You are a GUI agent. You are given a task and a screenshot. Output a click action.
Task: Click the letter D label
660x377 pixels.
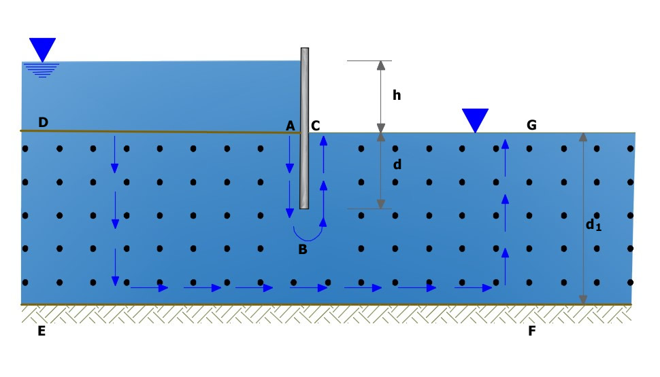pyautogui.click(x=43, y=122)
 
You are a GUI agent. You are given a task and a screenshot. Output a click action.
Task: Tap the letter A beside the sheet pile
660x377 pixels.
pyautogui.click(x=291, y=126)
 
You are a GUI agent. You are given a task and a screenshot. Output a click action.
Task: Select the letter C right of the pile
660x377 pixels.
pyautogui.click(x=316, y=126)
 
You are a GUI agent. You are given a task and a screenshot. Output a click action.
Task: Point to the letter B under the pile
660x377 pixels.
pyautogui.click(x=303, y=249)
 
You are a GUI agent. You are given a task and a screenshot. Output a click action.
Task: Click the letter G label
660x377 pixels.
pyautogui.click(x=531, y=124)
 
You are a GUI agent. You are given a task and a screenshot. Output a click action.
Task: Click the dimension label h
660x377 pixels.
pyautogui.click(x=397, y=96)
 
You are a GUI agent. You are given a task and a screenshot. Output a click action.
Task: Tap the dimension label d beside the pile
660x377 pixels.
pyautogui.click(x=397, y=164)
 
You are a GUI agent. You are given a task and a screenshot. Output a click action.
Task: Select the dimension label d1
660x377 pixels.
pyautogui.click(x=593, y=223)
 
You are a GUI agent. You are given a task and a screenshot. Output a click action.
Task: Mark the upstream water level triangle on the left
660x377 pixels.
pyautogui.click(x=43, y=50)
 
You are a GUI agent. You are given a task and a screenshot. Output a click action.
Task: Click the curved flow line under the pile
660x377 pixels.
pyautogui.click(x=308, y=234)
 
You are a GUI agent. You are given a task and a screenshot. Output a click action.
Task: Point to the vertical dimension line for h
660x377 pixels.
pyautogui.click(x=381, y=96)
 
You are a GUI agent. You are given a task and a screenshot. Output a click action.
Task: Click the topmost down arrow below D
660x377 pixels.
pyautogui.click(x=114, y=154)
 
